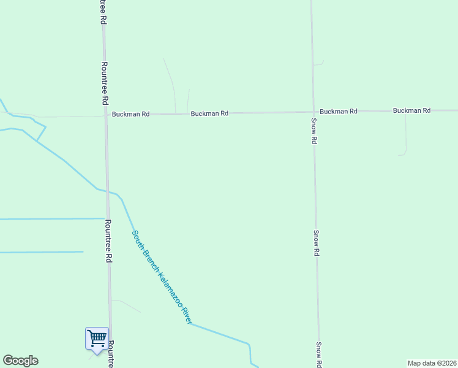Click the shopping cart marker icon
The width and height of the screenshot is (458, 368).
(97, 339)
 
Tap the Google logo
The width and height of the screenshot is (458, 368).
(20, 361)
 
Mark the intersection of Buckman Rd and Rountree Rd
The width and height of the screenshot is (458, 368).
(105, 115)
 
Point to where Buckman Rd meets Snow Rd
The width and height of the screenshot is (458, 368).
(313, 112)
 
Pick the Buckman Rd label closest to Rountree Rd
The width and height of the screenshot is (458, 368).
(130, 114)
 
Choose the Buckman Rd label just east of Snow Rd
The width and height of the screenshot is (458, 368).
(339, 112)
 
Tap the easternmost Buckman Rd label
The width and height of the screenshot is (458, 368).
(412, 110)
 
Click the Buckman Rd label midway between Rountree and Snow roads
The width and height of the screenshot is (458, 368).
(209, 113)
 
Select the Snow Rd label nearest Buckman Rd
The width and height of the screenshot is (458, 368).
(313, 131)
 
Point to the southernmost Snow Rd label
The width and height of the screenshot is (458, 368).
(319, 355)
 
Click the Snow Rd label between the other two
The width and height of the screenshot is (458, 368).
(316, 243)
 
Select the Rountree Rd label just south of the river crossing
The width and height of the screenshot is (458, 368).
(108, 241)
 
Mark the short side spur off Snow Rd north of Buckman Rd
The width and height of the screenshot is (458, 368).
(318, 63)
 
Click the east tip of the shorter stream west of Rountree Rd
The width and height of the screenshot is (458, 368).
(83, 251)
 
